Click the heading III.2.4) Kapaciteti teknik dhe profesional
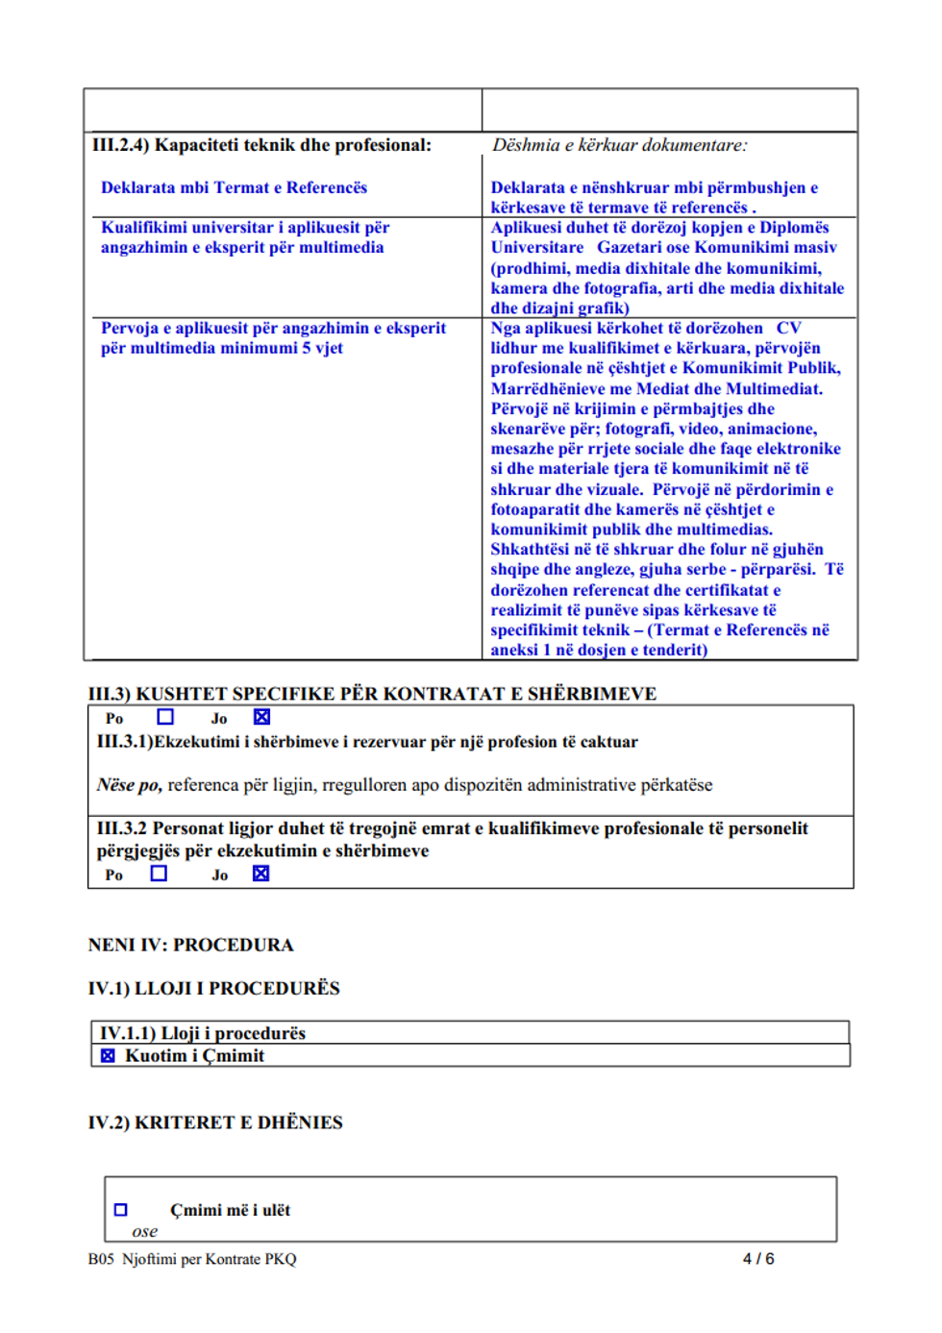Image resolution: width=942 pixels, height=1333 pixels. (261, 145)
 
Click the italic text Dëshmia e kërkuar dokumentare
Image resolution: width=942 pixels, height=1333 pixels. (619, 145)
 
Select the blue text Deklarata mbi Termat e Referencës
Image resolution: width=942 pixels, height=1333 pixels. (234, 187)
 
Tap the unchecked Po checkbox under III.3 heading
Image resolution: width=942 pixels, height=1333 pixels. (165, 717)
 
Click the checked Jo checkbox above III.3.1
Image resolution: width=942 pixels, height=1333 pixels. (261, 717)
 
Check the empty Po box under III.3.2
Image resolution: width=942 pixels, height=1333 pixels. (159, 874)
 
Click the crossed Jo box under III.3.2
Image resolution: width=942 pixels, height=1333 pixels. (260, 874)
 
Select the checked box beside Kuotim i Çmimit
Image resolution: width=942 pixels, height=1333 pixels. (108, 1056)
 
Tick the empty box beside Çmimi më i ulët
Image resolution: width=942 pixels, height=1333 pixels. (121, 1210)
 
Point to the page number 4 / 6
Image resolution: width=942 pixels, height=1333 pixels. (758, 1259)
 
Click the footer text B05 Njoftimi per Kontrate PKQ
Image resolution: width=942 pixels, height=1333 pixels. (192, 1259)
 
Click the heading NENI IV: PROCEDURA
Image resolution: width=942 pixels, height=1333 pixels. (190, 945)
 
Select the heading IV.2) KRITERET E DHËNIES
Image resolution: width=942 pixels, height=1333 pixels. (215, 1123)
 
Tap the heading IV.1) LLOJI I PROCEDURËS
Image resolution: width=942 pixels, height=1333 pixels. (213, 988)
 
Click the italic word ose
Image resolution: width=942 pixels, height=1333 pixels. (145, 1231)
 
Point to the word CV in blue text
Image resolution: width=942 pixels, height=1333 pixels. (788, 328)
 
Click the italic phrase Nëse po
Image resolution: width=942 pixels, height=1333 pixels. (129, 785)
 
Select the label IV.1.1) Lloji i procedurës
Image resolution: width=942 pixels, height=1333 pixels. (203, 1033)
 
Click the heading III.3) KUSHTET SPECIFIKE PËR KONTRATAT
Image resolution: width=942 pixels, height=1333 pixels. (372, 693)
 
